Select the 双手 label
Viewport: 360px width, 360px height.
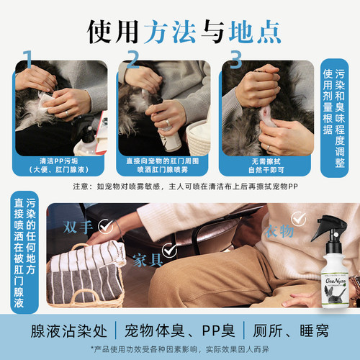[79, 225]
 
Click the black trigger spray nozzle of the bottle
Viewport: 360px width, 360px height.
[323, 230]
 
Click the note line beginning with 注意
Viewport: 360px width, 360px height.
[180, 186]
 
